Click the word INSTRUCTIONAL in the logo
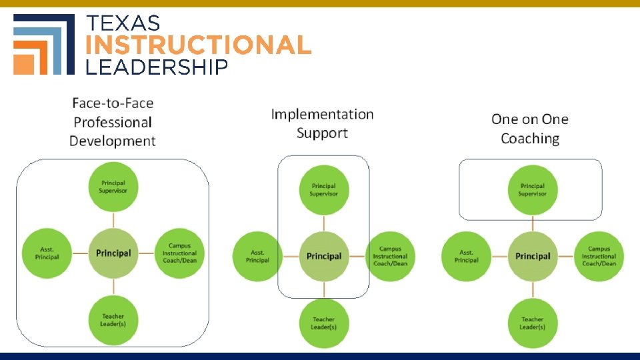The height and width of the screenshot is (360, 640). point(199,45)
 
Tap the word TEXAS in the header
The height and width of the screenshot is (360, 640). point(124,23)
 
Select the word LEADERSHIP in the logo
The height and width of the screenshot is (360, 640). point(157,67)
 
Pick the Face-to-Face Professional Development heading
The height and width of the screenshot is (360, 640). point(113,122)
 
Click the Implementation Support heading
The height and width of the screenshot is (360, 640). point(322,123)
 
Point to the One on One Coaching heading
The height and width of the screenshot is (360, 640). point(530,129)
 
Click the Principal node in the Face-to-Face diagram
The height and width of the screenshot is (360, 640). point(113,253)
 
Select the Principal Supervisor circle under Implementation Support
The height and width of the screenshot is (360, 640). point(324,190)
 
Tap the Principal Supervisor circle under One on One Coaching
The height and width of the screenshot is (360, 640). point(533,190)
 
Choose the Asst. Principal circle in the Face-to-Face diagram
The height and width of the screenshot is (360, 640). point(47,253)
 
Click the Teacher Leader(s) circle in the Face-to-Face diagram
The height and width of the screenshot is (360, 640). point(113,319)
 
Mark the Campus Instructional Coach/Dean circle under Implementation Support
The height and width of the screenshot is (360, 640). point(390,256)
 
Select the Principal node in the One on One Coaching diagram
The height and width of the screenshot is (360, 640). point(533,256)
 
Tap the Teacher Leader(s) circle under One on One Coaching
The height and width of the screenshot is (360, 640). point(533,323)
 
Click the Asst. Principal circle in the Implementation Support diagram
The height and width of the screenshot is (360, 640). point(257,256)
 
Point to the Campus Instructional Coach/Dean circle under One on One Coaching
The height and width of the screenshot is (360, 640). point(599,256)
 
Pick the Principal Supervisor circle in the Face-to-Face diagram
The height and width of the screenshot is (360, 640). point(113,187)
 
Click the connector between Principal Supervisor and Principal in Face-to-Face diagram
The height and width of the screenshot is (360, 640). point(113,219)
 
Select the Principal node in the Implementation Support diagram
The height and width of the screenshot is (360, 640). point(324,256)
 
